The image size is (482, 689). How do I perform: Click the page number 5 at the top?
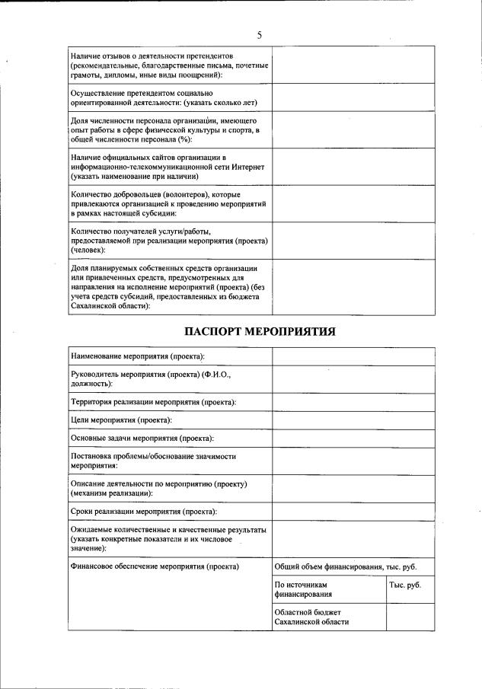point(260,35)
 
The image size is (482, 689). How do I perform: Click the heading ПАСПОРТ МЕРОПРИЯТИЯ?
point(260,331)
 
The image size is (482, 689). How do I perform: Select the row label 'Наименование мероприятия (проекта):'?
point(138,356)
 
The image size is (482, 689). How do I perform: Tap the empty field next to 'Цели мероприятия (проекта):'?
point(353,419)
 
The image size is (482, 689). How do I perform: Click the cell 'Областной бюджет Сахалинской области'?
point(312,617)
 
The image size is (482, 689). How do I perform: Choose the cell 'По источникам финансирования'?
point(304,589)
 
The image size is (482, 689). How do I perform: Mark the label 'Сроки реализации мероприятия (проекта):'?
point(144,512)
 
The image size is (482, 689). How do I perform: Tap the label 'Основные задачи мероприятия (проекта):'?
point(142,439)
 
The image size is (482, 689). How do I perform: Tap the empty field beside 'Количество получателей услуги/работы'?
point(353,240)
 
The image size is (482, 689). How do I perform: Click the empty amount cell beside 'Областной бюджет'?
point(410,617)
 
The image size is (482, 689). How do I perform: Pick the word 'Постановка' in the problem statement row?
point(91,456)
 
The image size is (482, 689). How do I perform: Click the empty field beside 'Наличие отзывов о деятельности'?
point(353,66)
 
